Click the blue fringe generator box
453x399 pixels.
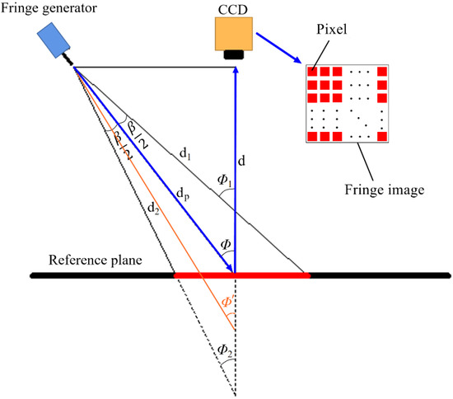(56, 40)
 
